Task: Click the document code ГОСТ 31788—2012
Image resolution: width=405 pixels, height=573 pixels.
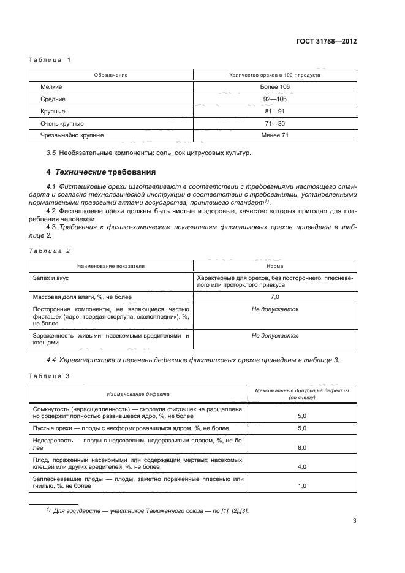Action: [x=327, y=41]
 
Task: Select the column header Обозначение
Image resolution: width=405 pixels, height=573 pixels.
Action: [x=110, y=75]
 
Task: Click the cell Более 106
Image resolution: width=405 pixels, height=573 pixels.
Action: [x=274, y=87]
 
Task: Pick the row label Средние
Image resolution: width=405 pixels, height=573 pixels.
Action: [x=53, y=99]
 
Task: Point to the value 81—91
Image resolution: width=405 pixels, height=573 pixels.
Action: [x=274, y=112]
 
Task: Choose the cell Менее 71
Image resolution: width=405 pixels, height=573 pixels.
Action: [x=274, y=135]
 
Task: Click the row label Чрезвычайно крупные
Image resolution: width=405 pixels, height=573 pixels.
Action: [x=72, y=135]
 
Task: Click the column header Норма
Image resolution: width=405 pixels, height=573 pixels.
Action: [x=274, y=267]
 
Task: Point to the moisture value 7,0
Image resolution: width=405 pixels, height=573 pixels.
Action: [x=274, y=297]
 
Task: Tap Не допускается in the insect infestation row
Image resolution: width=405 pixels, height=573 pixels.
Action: [x=274, y=335]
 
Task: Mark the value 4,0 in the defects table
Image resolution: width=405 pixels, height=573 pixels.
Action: [x=301, y=467]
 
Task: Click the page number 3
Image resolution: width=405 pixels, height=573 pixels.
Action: [x=355, y=522]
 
